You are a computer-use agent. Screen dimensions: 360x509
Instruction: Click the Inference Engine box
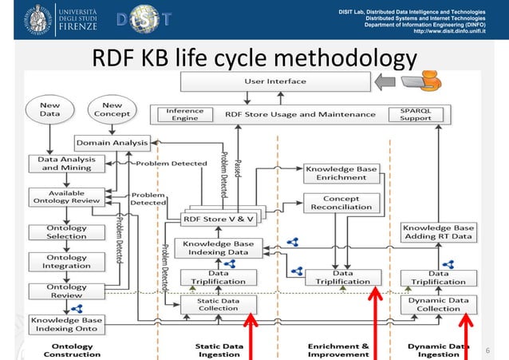185,114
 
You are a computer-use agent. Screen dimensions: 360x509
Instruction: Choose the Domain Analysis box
112,143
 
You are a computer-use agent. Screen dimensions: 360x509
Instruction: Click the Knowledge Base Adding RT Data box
438,231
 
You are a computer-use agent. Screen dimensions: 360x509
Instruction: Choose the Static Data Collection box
218,303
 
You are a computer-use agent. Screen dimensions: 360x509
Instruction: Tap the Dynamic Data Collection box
440,303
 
